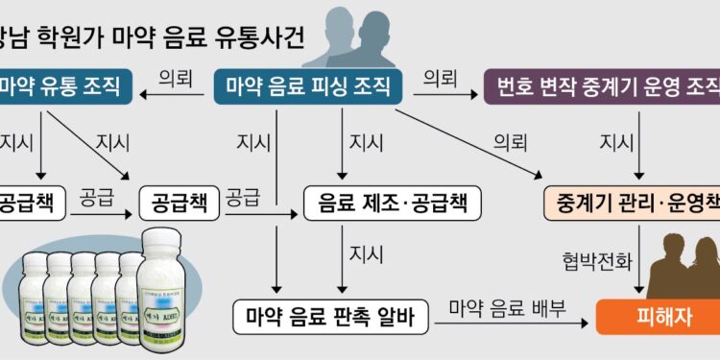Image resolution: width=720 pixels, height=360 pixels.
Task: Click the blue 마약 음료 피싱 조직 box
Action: (x=306, y=88)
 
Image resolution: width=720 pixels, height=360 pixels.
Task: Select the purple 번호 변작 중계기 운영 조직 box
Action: (x=603, y=88)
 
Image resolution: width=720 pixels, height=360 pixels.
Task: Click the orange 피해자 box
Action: (x=657, y=315)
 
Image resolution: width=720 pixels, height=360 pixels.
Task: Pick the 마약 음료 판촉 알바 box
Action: (x=329, y=315)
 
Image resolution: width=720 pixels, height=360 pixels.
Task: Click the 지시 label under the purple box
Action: (x=615, y=143)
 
